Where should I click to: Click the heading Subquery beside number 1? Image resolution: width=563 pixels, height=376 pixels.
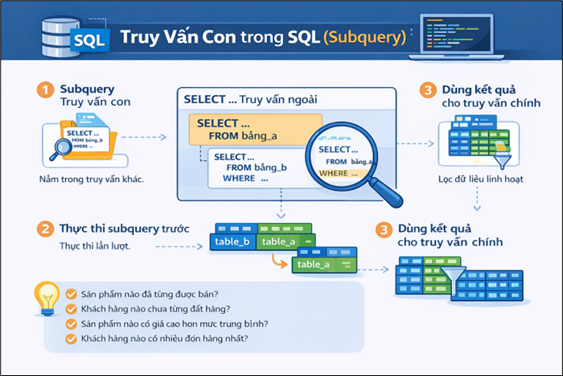(88, 89)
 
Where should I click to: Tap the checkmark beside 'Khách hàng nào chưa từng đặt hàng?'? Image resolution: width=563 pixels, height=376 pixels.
(71, 308)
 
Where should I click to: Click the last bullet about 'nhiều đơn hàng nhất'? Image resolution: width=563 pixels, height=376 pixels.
(164, 339)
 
